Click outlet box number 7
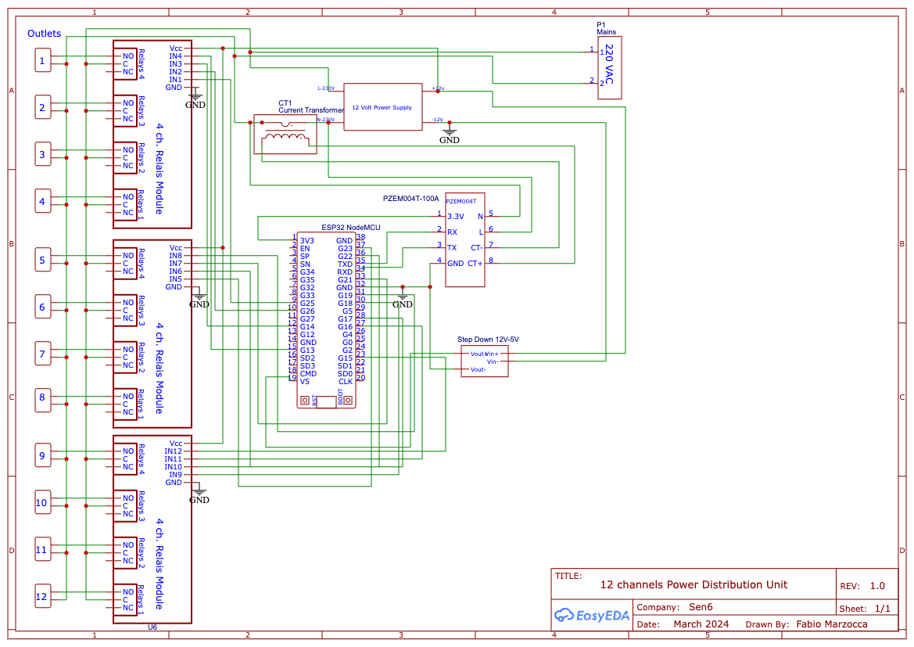pyautogui.click(x=42, y=354)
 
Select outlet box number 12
pyautogui.click(x=42, y=597)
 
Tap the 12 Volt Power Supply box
pyautogui.click(x=382, y=106)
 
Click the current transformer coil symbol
pyautogui.click(x=285, y=138)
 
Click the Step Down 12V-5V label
pyautogui.click(x=488, y=340)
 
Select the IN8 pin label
pyautogui.click(x=175, y=256)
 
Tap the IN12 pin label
pyautogui.click(x=173, y=451)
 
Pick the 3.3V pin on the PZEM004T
pyautogui.click(x=455, y=216)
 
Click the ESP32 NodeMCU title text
pyautogui.click(x=350, y=228)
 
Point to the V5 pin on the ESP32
pyautogui.click(x=305, y=382)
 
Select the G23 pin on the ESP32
pyautogui.click(x=345, y=249)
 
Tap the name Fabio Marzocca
pyautogui.click(x=831, y=624)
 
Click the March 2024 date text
pyautogui.click(x=701, y=624)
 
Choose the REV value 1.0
pyautogui.click(x=877, y=586)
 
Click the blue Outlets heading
pyautogui.click(x=44, y=34)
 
